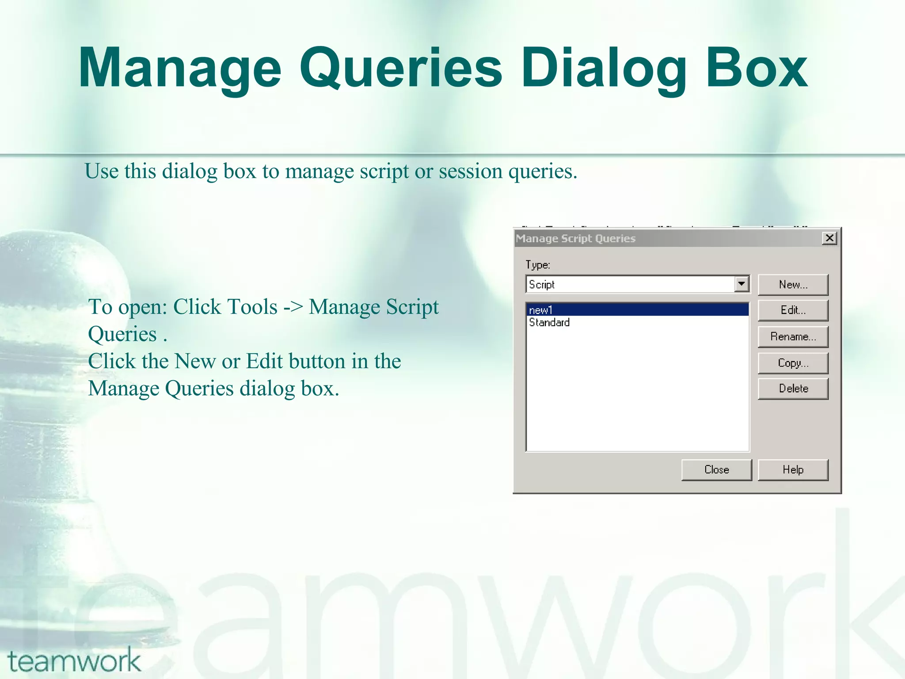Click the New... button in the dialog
[x=793, y=285]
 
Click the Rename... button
[x=793, y=337]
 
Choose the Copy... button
[x=793, y=363]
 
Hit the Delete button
[x=793, y=389]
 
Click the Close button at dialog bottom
[x=716, y=469]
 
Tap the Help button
[x=793, y=469]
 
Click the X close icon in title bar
[x=829, y=238]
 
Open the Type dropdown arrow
[x=741, y=284]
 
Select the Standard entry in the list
[x=549, y=322]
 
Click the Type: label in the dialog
[x=537, y=265]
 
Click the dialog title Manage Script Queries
[x=575, y=239]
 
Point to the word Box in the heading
[x=756, y=69]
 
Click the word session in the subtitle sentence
[x=470, y=172]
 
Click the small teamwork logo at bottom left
[x=74, y=660]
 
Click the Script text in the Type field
[x=542, y=285]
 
